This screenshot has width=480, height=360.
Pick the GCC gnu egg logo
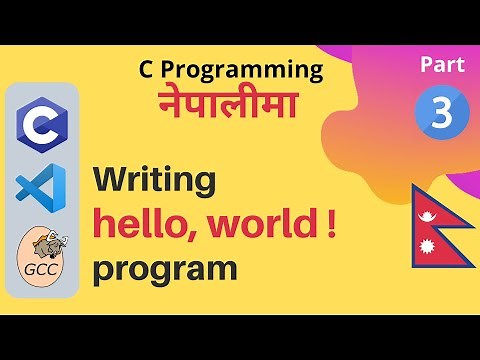point(42,256)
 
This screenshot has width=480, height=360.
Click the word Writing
point(154,181)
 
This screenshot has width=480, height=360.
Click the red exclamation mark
point(330,224)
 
